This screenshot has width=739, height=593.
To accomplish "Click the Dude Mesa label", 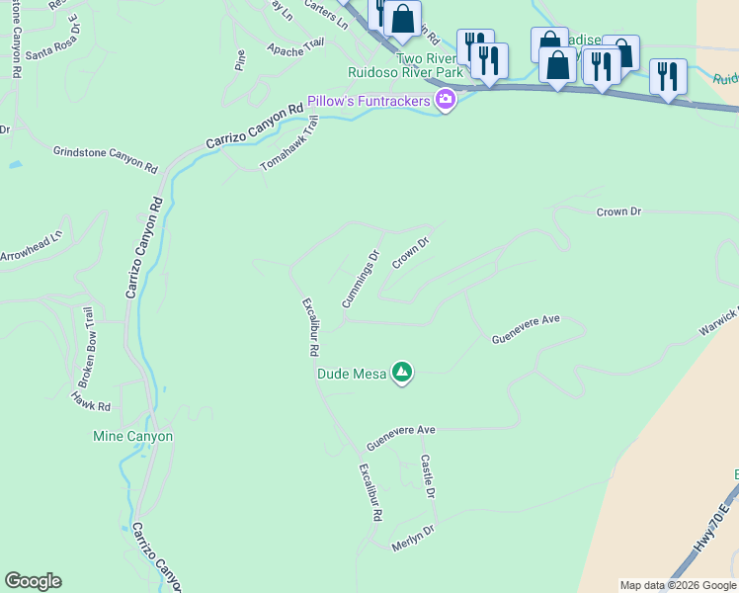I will [x=351, y=374].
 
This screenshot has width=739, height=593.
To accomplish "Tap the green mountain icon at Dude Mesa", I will [x=402, y=373].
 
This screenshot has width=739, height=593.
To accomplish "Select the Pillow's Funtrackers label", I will [x=369, y=101].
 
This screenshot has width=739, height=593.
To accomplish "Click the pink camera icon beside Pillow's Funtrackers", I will [x=446, y=101].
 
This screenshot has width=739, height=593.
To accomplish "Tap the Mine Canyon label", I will [x=132, y=436].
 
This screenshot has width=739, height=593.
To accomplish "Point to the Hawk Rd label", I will [x=90, y=400].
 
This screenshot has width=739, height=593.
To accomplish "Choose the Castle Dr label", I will [x=429, y=476].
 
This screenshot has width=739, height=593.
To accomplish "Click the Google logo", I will [x=33, y=581].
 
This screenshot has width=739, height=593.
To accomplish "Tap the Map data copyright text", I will [x=678, y=585].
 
